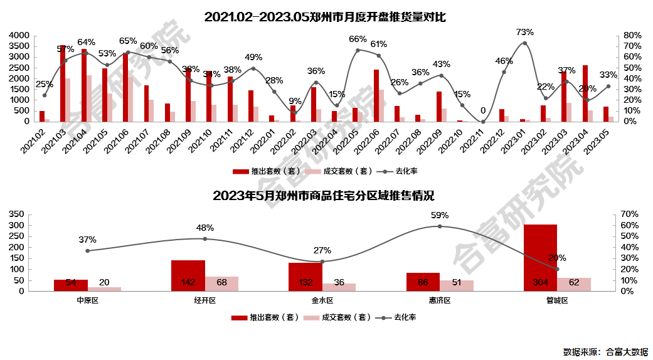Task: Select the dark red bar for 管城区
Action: (x=541, y=257)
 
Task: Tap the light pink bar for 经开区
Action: (x=221, y=283)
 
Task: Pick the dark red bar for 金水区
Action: (x=305, y=277)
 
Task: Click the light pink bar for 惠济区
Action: (x=457, y=285)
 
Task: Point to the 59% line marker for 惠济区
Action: (x=440, y=226)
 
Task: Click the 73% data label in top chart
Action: (x=524, y=32)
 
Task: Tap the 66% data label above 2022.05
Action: (x=358, y=40)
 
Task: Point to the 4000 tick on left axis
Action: (x=19, y=36)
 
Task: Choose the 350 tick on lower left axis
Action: (x=16, y=214)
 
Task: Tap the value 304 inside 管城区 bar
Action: (x=540, y=282)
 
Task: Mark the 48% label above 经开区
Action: (x=204, y=228)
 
